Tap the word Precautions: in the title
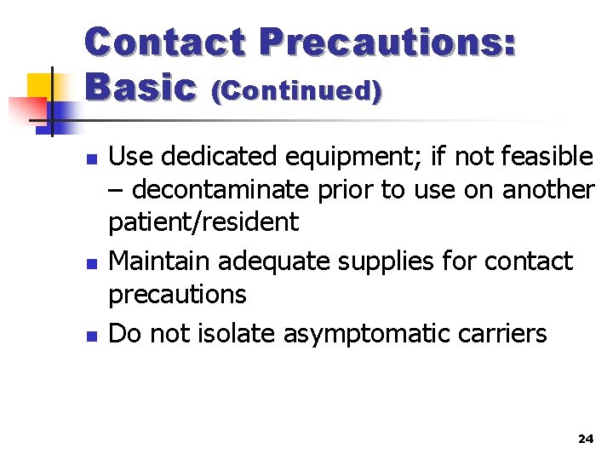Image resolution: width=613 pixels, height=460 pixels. coord(387,42)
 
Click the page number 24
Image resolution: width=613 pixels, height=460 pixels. coord(585,438)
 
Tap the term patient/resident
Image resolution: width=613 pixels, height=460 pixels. coord(203,222)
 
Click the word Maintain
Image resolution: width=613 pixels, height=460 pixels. coord(161,261)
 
